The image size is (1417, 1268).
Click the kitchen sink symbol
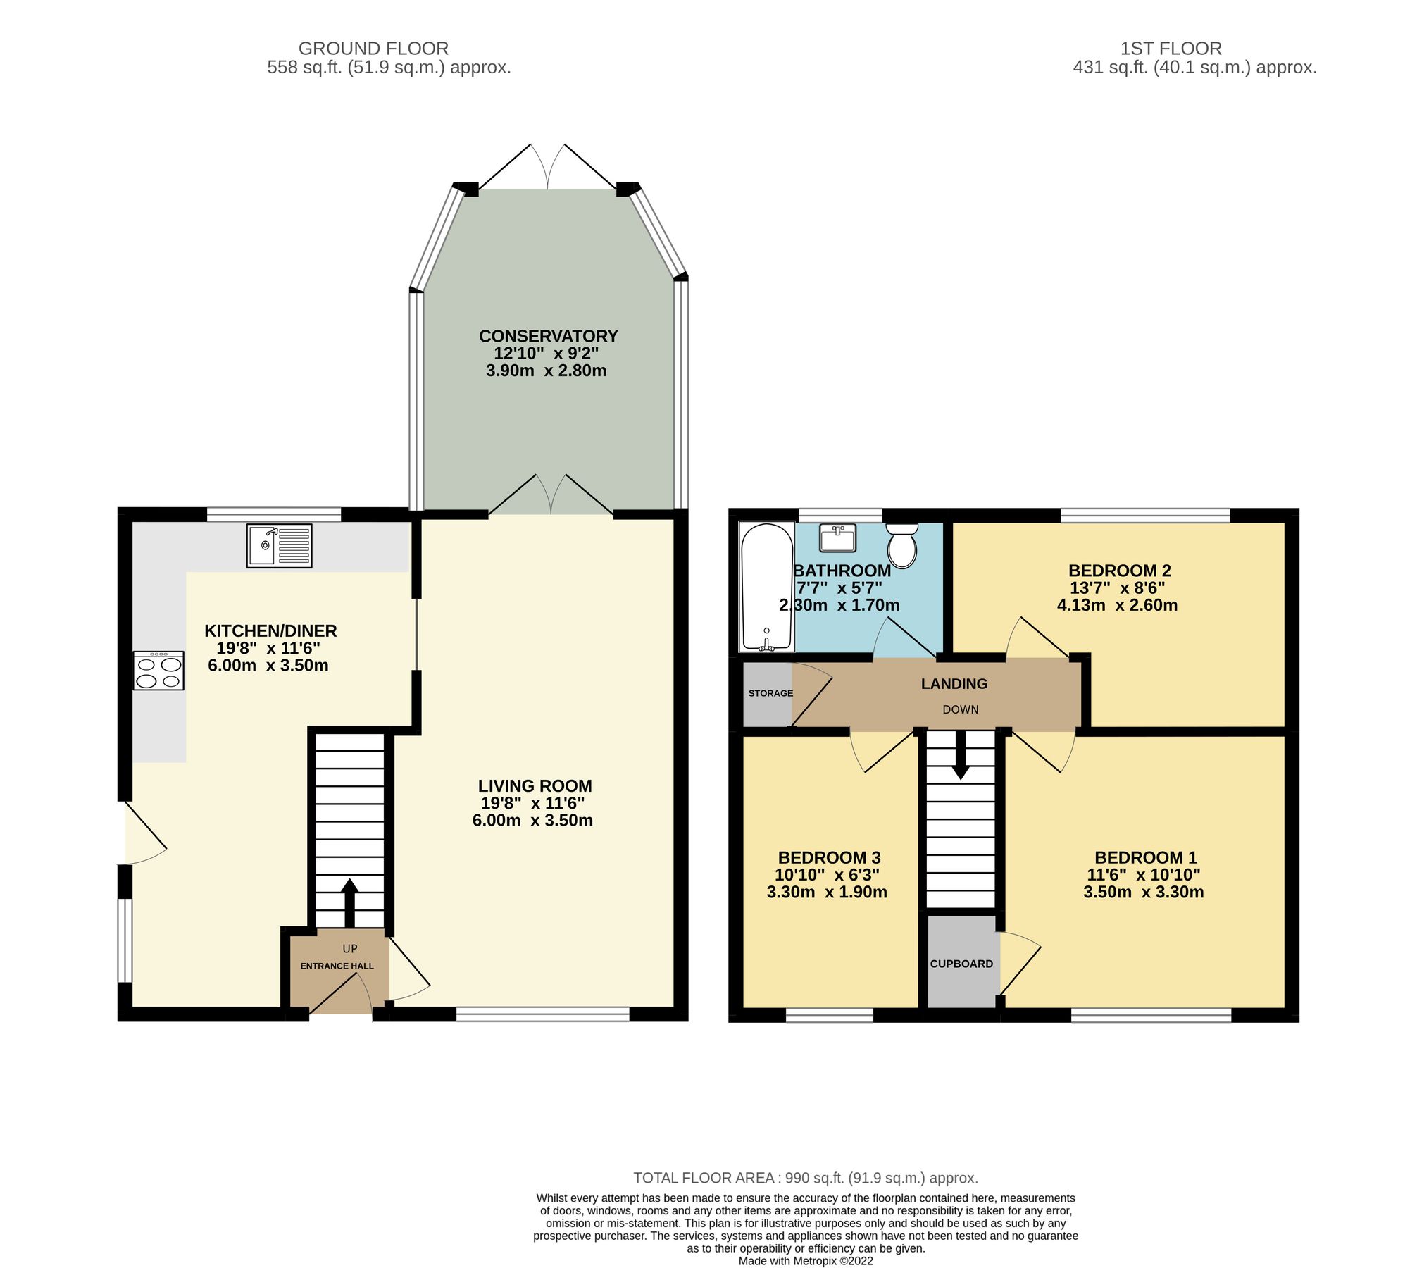pos(279,545)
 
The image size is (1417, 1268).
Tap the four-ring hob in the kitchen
pos(158,671)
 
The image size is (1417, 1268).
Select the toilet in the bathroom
pos(902,545)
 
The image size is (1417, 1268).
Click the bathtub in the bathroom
pos(766,587)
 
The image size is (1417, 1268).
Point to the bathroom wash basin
pos(837,537)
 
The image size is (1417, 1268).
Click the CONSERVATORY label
pos(548,336)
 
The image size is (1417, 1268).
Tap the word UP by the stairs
pos(350,949)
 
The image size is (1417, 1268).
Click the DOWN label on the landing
pos(961,709)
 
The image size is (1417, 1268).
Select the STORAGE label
pos(770,693)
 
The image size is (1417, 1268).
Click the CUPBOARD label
pos(961,964)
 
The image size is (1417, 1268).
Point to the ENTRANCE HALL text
pos(337,966)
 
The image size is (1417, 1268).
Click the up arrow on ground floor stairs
pos(349,902)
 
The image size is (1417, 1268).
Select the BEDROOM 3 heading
pos(829,858)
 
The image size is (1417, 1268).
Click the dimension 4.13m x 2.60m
pos(1117,605)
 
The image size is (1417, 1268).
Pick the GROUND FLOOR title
pos(373,49)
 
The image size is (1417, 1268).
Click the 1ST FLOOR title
pos(1171,49)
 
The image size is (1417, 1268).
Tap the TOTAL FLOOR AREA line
pos(806,1178)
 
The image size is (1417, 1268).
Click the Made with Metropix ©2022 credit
pos(806,1261)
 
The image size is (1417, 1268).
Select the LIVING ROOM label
pos(535,786)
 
